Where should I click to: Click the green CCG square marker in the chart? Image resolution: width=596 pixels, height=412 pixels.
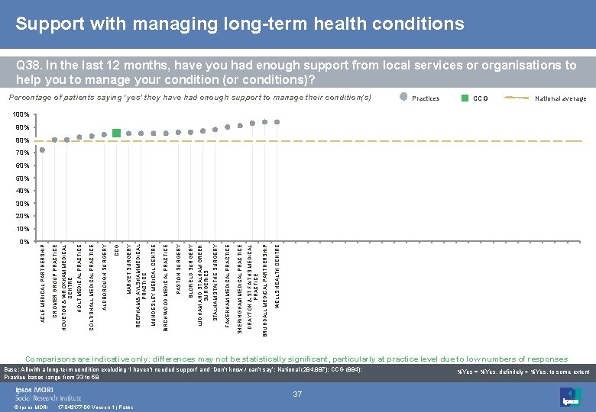pos(116,133)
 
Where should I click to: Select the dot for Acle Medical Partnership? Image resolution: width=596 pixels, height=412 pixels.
pos(42,150)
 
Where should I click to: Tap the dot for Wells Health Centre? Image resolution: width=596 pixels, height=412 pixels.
pos(277,122)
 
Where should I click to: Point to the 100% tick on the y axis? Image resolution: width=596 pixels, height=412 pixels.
pos(22,114)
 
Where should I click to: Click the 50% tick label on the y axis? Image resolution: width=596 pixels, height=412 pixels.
pos(22,178)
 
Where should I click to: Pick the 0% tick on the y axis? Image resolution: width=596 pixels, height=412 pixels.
pos(24,241)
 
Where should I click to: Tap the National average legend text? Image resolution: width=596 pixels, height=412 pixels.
pos(560,98)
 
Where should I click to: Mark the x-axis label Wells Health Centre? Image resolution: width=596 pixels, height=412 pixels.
pos(277,275)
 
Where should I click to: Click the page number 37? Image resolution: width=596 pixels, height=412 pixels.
pos(298,394)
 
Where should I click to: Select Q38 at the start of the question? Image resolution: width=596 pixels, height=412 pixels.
pos(29,66)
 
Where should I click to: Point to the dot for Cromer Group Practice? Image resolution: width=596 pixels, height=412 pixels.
pos(54,140)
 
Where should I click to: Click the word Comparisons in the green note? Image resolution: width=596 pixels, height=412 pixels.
pos(53,359)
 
